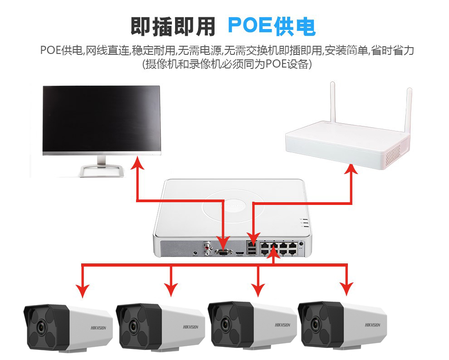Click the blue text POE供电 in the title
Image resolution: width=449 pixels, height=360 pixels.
(271, 26)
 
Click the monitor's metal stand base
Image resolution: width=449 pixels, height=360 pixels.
(102, 171)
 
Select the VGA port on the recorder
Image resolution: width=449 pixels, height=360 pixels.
(222, 253)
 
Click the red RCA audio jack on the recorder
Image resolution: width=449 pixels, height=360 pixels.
(208, 248)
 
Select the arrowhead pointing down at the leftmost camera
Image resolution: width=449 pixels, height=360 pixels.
(83, 291)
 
